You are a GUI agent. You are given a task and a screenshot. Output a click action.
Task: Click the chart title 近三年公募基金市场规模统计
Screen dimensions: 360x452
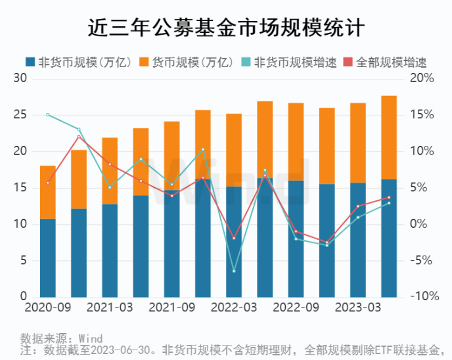pos(226,28)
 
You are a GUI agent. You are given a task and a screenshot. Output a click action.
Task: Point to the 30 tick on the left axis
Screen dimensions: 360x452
pos(20,79)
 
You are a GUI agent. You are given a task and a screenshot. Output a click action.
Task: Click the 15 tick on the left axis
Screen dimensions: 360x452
pos(20,189)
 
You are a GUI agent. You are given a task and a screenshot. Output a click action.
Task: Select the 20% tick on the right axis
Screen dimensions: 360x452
pos(422,79)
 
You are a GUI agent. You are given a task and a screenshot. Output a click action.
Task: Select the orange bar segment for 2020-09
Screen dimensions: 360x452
pos(47,192)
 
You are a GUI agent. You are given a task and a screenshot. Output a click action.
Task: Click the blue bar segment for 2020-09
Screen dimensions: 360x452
pos(47,258)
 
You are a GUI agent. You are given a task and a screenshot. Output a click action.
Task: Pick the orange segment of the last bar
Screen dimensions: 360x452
pos(389,137)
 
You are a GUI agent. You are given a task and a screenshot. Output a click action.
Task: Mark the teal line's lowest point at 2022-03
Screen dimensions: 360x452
pos(234,271)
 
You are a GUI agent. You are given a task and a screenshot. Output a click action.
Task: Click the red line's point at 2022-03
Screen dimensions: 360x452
pos(234,238)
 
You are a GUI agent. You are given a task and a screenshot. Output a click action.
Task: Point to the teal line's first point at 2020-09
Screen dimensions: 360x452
pos(47,114)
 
